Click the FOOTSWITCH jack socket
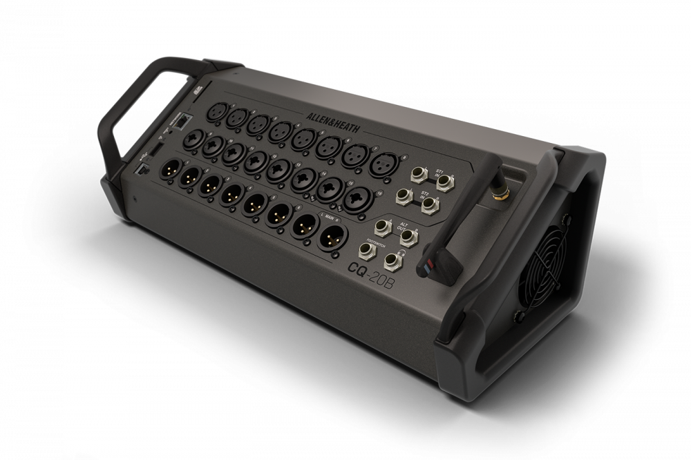coord(366,252)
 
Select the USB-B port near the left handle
coord(144,168)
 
